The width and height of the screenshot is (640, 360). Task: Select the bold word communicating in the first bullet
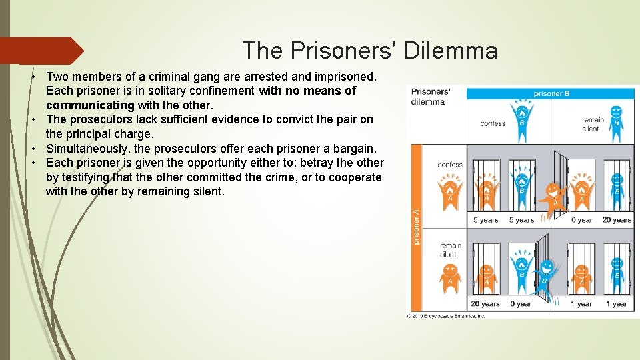(x=90, y=105)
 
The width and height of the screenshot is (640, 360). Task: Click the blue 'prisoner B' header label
(x=551, y=93)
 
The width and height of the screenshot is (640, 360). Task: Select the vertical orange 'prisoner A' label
(x=417, y=227)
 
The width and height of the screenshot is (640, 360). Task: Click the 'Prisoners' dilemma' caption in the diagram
(x=429, y=97)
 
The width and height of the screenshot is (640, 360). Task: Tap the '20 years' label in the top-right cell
(x=617, y=220)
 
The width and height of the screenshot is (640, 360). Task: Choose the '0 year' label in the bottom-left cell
(x=521, y=304)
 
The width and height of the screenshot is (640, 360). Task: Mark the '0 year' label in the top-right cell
(x=581, y=220)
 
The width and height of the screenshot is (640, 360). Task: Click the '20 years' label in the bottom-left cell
(x=485, y=304)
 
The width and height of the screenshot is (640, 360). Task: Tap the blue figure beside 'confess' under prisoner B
(x=521, y=118)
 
